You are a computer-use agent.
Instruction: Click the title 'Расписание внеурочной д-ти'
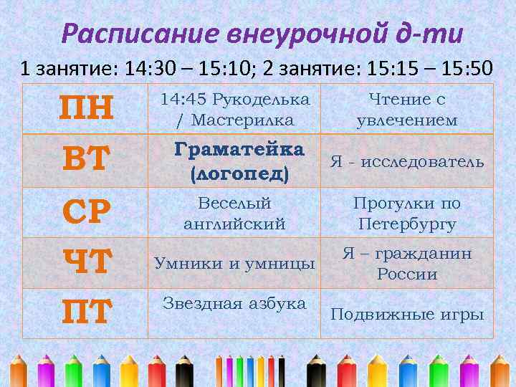coord(262,34)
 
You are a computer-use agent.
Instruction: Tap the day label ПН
coord(86,109)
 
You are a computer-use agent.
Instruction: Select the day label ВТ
coord(86,160)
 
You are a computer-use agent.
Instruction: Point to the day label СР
coord(86,211)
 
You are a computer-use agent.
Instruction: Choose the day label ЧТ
coord(86,262)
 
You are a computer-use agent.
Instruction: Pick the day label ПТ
coord(86,313)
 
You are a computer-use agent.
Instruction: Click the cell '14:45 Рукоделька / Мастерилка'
coord(234,110)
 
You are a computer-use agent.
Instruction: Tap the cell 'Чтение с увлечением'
coord(407,110)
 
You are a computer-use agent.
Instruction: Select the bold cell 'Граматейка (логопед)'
coord(239,161)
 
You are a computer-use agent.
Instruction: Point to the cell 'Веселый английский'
coord(234,213)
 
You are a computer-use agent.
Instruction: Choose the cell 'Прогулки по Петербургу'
coord(407,213)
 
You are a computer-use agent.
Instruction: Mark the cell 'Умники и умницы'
coord(234,264)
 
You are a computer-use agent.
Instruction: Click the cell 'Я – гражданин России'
coord(407,264)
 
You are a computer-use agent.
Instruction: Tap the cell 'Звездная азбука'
coord(234,303)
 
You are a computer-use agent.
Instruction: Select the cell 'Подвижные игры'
coord(407,315)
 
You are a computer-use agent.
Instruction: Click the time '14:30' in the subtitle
coord(148,69)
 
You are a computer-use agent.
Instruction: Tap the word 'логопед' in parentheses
coord(239,173)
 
